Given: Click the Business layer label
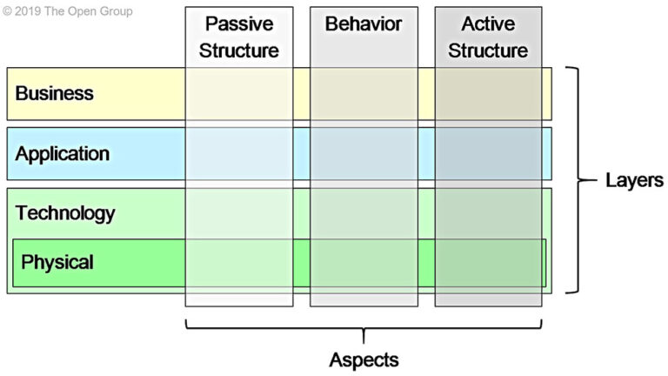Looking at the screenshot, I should [54, 93].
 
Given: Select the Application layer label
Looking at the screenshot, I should [63, 154].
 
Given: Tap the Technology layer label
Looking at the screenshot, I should [65, 212].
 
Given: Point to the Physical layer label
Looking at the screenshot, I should [57, 261].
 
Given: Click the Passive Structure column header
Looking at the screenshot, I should [238, 37].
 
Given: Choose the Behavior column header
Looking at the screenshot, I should [364, 24].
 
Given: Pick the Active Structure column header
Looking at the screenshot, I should [488, 37].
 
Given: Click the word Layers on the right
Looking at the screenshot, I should [634, 180].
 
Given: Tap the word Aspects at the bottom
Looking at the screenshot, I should [364, 359].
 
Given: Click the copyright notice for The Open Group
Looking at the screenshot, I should [67, 11].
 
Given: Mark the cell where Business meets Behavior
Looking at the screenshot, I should [364, 93].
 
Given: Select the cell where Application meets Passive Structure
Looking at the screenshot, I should [238, 154].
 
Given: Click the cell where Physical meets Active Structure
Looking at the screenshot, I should [488, 262].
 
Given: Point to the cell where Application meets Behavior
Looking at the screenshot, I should [364, 154].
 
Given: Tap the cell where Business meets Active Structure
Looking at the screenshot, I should [488, 93].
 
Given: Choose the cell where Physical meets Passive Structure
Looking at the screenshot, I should [238, 262].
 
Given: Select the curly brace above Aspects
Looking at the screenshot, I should [364, 330].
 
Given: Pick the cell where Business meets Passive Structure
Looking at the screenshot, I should [238, 93].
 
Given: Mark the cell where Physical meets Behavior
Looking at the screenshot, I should [364, 262].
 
